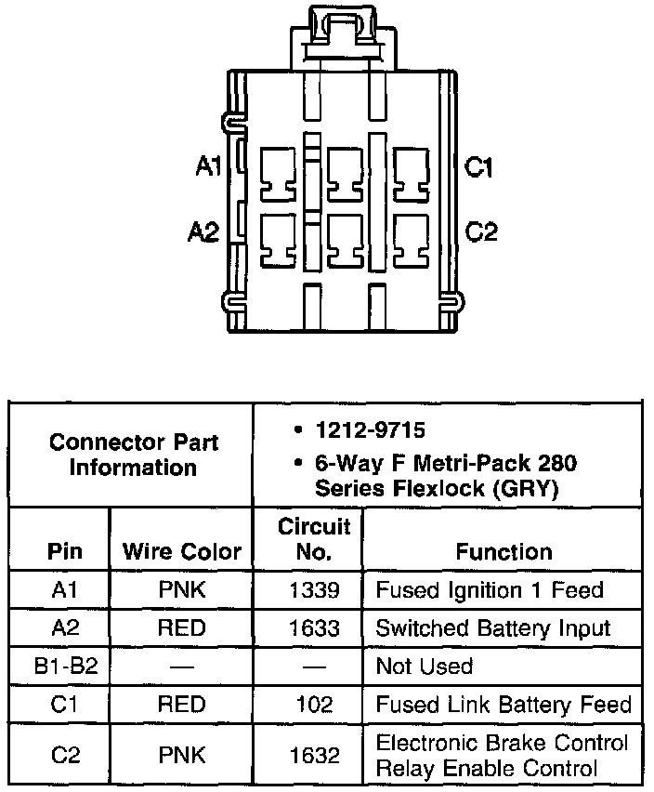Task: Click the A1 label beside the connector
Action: tap(208, 167)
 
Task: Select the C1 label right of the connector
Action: tap(479, 167)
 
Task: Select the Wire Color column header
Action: tap(181, 552)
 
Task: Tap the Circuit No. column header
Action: tap(314, 540)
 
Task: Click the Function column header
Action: tap(504, 552)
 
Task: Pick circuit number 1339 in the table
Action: tap(314, 590)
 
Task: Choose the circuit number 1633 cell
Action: tap(314, 628)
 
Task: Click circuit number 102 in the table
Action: tap(314, 705)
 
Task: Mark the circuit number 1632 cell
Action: tap(314, 756)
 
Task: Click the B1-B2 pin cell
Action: tap(60, 667)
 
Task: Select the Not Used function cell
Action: tap(424, 667)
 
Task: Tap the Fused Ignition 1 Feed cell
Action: tap(489, 590)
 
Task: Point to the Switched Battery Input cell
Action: tap(492, 628)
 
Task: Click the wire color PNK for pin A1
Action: tap(181, 590)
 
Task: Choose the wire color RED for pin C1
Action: tap(181, 705)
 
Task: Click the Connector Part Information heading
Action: tap(133, 454)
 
